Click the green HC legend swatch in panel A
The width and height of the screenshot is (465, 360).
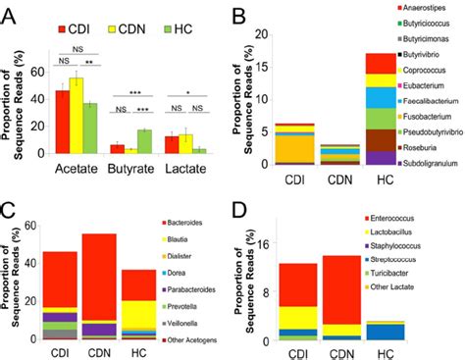[166, 16]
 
